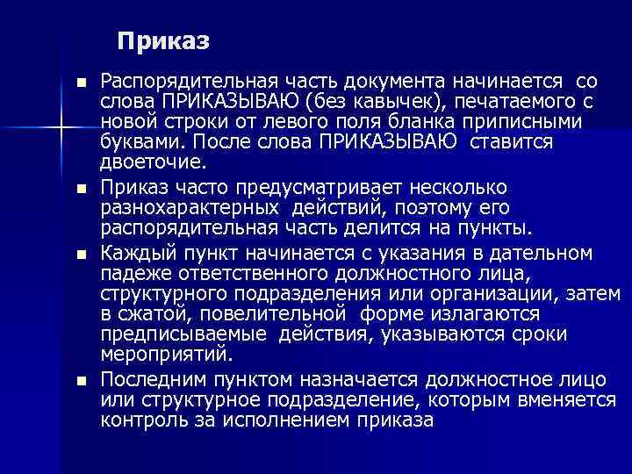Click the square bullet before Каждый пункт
pyautogui.click(x=82, y=255)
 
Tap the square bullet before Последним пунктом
pyautogui.click(x=82, y=381)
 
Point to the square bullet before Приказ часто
pyautogui.click(x=82, y=188)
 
